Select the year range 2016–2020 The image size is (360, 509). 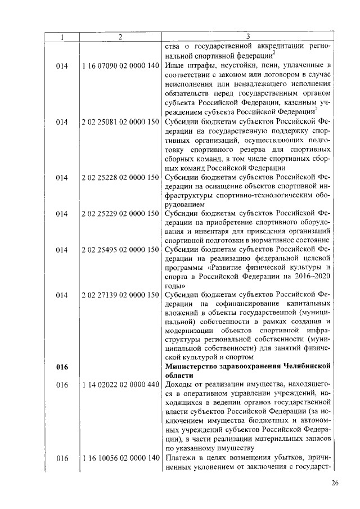tap(313, 277)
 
